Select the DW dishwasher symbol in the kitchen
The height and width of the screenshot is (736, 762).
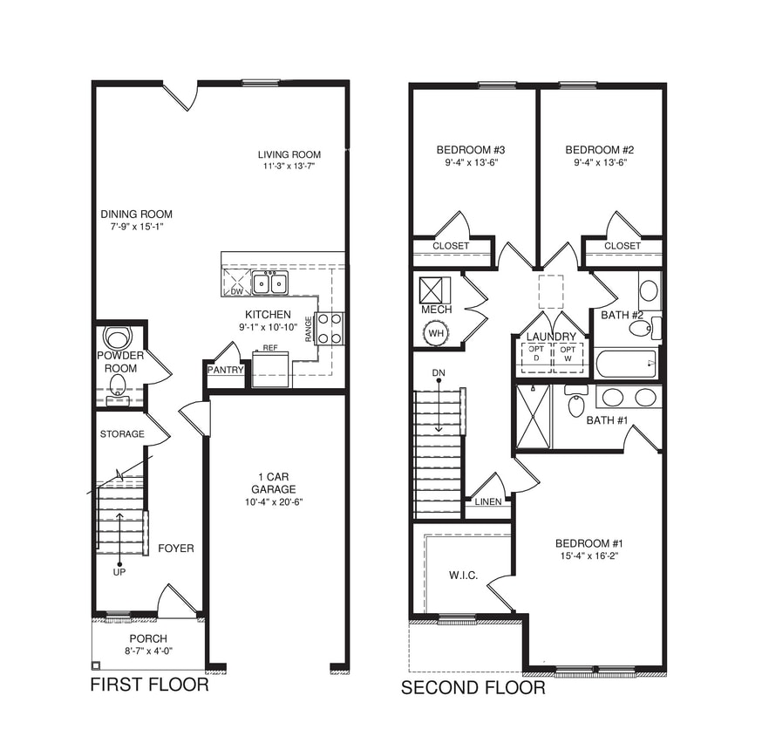tap(236, 284)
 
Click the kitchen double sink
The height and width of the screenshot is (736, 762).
tap(270, 283)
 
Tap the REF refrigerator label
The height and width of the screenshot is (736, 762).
tap(270, 348)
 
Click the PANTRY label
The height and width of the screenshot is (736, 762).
tap(225, 370)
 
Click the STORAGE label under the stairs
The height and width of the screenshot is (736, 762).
tap(122, 434)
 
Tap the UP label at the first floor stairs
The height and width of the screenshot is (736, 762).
tap(119, 572)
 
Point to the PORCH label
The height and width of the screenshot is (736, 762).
tap(148, 639)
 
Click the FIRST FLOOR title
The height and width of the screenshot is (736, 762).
tap(150, 685)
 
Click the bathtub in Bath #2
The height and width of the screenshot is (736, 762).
tap(626, 363)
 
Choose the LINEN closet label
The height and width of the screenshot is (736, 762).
tap(488, 502)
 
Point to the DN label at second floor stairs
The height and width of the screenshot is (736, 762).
tap(439, 373)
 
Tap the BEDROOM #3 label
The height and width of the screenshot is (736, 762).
tap(471, 149)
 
